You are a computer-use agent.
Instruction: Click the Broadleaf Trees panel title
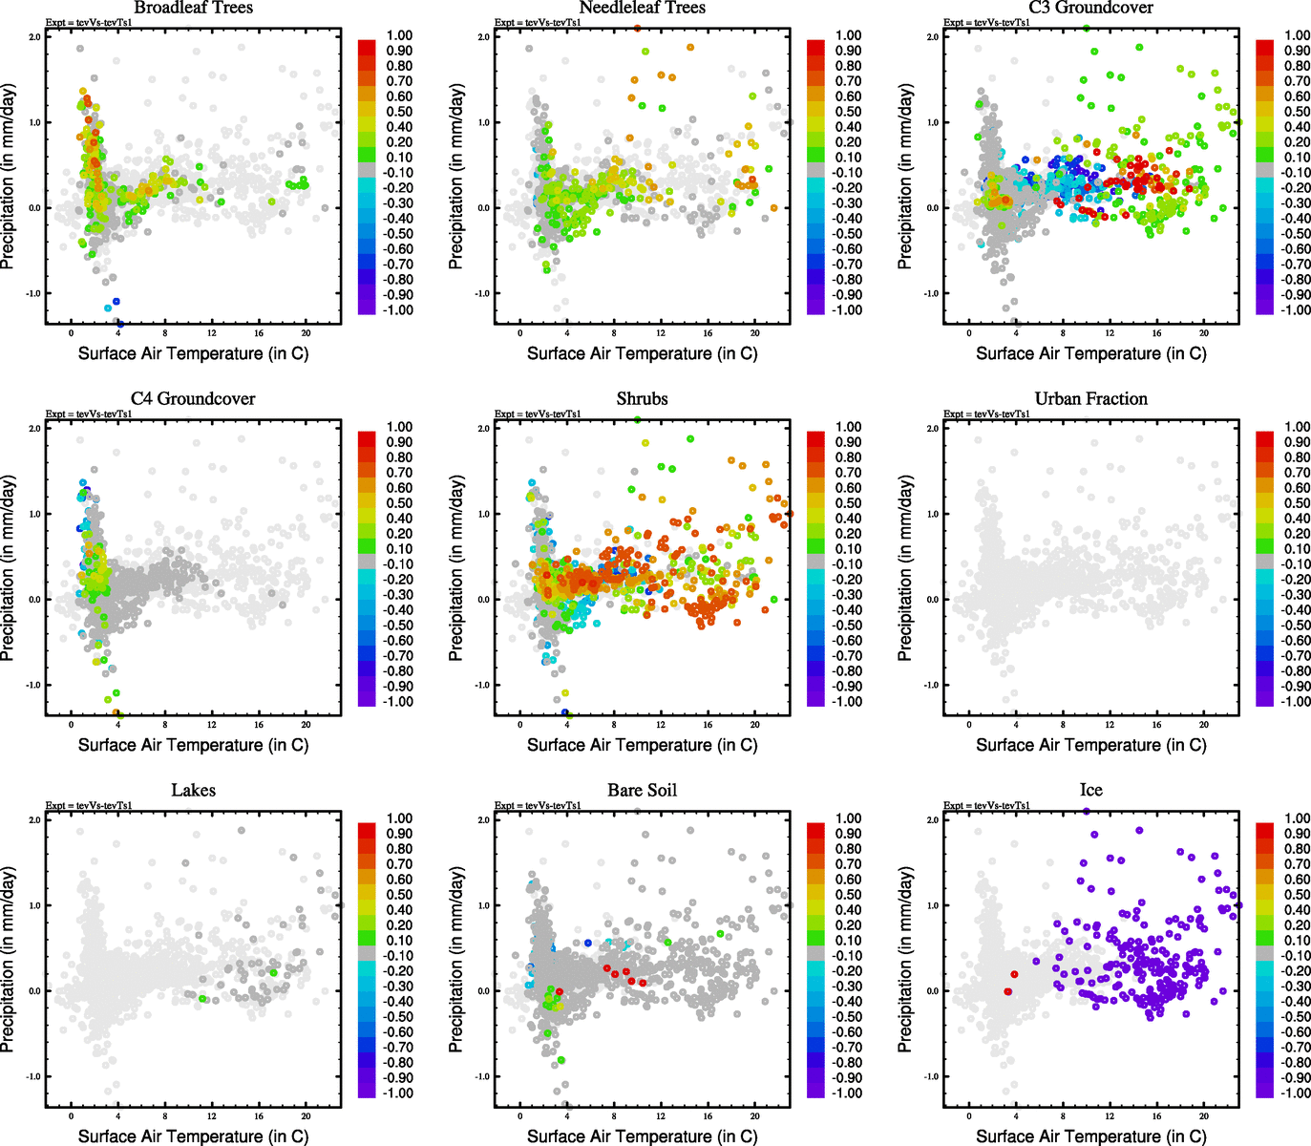(193, 8)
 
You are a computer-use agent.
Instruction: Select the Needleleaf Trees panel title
(642, 8)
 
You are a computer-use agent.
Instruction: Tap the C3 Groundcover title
(1090, 8)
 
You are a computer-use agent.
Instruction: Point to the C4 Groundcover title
(193, 399)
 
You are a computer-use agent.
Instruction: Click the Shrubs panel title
(642, 399)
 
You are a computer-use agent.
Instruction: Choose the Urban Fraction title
(1090, 399)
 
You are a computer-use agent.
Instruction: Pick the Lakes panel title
(193, 791)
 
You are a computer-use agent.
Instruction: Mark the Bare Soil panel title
(642, 791)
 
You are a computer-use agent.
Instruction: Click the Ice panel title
(1090, 791)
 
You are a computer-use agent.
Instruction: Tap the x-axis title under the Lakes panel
(193, 1136)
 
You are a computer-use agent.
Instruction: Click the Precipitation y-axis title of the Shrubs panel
(457, 569)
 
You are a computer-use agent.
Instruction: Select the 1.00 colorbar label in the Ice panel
(1297, 818)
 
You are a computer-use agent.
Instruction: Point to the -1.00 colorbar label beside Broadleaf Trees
(399, 310)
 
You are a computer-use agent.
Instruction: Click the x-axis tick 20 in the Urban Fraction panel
(1204, 725)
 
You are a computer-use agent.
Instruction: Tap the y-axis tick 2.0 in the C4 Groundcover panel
(34, 429)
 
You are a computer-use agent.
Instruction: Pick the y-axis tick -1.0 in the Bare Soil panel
(483, 1076)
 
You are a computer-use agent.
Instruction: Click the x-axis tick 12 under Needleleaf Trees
(661, 333)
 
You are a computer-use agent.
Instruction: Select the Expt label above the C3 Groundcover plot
(986, 23)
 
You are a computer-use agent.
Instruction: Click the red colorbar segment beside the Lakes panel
(367, 826)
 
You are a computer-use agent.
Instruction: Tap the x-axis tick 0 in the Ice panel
(969, 1116)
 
